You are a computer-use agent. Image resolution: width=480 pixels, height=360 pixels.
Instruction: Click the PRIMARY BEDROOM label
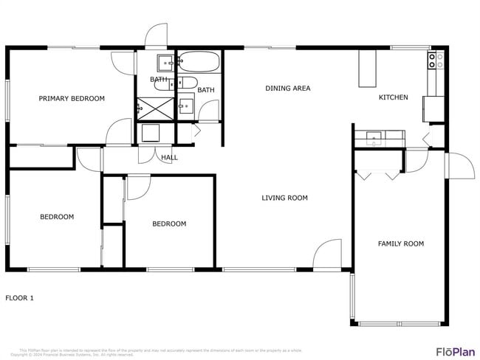click(x=72, y=98)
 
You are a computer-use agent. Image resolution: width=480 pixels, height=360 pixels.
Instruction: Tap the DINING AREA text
click(x=287, y=89)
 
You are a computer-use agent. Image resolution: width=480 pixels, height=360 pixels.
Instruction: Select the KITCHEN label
click(x=393, y=97)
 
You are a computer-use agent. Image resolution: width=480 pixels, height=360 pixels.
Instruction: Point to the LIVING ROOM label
click(x=284, y=198)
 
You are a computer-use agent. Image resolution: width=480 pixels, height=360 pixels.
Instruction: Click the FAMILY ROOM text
click(x=401, y=243)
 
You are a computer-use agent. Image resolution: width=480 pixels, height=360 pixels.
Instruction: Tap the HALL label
click(x=170, y=157)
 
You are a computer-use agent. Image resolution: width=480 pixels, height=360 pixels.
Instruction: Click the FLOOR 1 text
click(x=20, y=298)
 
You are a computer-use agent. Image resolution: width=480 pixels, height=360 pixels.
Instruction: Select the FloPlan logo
click(x=455, y=351)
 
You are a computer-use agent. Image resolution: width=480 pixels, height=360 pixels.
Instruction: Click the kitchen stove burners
click(x=436, y=60)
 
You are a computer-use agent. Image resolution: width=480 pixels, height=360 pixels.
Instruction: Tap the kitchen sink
click(x=374, y=136)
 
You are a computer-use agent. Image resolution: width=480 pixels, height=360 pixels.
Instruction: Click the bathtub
click(x=199, y=61)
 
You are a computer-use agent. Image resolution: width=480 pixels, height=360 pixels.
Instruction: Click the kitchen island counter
click(x=367, y=69)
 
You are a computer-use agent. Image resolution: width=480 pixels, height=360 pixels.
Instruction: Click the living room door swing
click(x=327, y=255)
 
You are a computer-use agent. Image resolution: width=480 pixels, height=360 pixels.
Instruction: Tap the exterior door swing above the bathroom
click(x=157, y=37)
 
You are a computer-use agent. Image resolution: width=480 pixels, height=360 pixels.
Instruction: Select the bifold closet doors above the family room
click(x=379, y=176)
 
